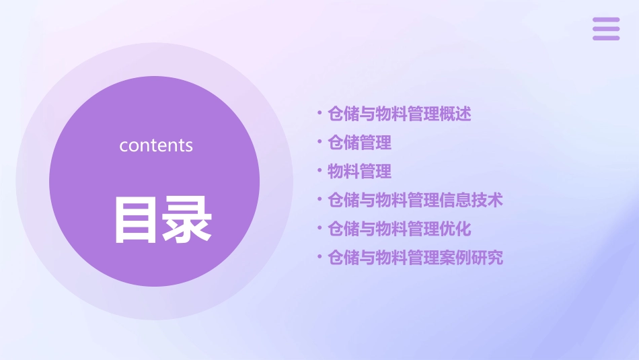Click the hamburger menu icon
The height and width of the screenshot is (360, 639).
[606, 29]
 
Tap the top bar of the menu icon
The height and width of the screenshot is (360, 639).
[606, 20]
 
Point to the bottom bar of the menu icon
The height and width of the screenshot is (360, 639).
[606, 38]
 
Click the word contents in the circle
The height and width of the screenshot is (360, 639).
[156, 145]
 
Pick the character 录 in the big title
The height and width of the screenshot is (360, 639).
[188, 220]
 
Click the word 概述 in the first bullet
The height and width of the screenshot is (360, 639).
[455, 114]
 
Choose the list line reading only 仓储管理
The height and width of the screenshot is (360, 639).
[359, 143]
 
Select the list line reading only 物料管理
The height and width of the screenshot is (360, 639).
[359, 172]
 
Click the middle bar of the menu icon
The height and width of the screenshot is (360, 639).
[606, 29]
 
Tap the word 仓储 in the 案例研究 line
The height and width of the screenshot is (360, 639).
[343, 258]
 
